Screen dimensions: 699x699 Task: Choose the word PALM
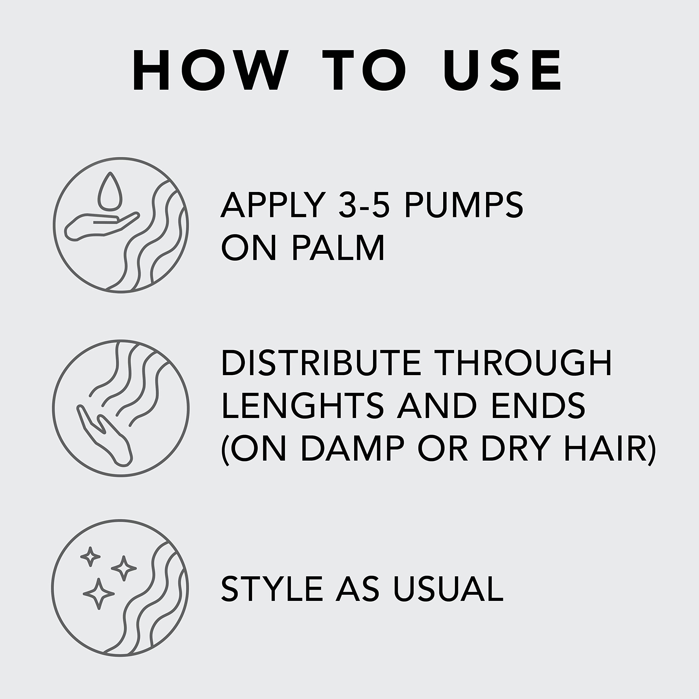click(338, 247)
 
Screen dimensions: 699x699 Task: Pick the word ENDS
click(538, 405)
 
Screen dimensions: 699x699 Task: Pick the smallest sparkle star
click(90, 556)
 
